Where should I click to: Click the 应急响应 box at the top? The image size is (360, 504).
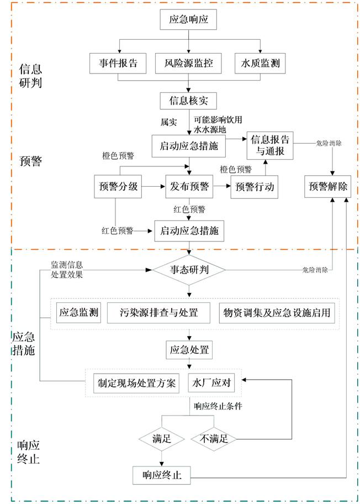click(x=189, y=20)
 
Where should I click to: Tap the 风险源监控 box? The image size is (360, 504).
click(x=189, y=64)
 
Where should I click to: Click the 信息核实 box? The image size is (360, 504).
click(x=189, y=101)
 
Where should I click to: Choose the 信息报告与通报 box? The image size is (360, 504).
click(x=270, y=144)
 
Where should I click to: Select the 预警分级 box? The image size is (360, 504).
click(x=118, y=187)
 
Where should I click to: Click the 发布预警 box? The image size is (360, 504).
click(x=189, y=187)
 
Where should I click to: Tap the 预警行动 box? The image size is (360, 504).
click(x=255, y=187)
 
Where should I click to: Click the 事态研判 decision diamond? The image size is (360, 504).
click(x=189, y=270)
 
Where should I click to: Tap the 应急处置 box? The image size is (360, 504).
click(x=189, y=350)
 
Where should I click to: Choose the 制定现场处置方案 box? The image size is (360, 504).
click(x=137, y=382)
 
